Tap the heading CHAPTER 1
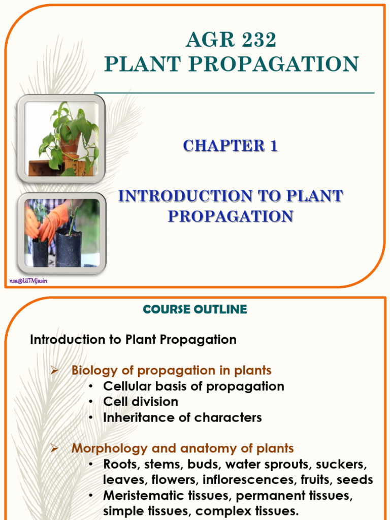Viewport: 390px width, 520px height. [x=230, y=146]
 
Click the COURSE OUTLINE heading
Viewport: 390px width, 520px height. [x=195, y=309]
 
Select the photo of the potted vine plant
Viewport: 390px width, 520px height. [x=61, y=139]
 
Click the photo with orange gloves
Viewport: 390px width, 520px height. [x=61, y=233]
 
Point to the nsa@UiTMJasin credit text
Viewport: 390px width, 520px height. [x=28, y=281]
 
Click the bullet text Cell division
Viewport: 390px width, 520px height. [x=141, y=402]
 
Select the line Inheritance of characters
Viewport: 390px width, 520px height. [x=182, y=417]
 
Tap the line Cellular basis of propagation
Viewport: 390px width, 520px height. [x=193, y=386]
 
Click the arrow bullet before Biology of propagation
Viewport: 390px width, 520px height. [x=56, y=370]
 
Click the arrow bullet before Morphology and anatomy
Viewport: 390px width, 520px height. [x=56, y=448]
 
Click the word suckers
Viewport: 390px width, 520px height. [x=343, y=464]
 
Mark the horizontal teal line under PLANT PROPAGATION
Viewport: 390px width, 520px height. [x=234, y=93]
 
